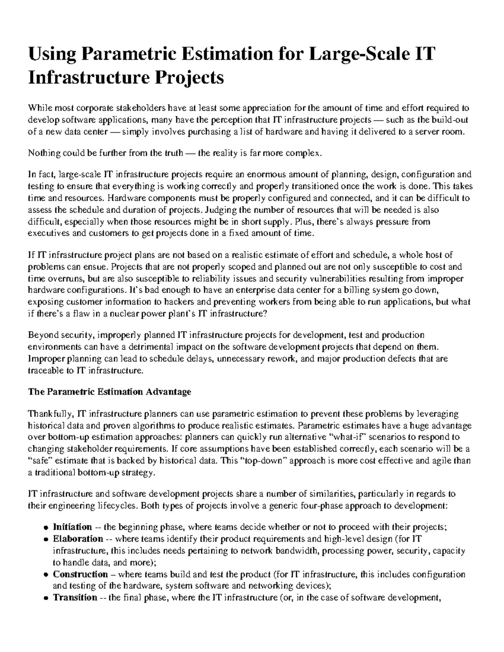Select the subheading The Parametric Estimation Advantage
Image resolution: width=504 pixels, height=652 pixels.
109,392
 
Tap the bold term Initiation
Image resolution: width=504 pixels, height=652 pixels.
72,527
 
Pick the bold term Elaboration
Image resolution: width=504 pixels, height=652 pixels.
78,539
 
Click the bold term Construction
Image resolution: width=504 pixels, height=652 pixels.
80,574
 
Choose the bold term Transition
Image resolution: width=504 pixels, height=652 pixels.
75,597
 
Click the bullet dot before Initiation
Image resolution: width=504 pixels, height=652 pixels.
46,528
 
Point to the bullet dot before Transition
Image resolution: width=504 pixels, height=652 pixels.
46,598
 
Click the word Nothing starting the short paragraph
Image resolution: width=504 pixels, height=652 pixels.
42,153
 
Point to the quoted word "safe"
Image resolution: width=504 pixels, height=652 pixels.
40,461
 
